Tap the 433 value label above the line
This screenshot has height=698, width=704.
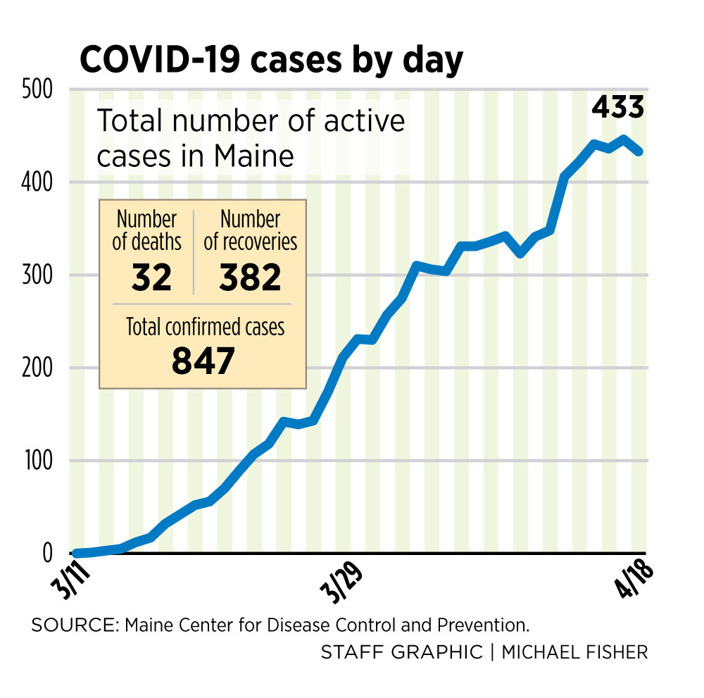click(x=617, y=107)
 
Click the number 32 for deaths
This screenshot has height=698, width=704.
click(x=151, y=277)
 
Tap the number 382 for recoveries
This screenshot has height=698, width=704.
click(x=249, y=277)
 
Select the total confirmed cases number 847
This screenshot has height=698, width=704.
click(x=203, y=361)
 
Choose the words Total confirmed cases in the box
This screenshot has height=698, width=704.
click(x=205, y=327)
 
